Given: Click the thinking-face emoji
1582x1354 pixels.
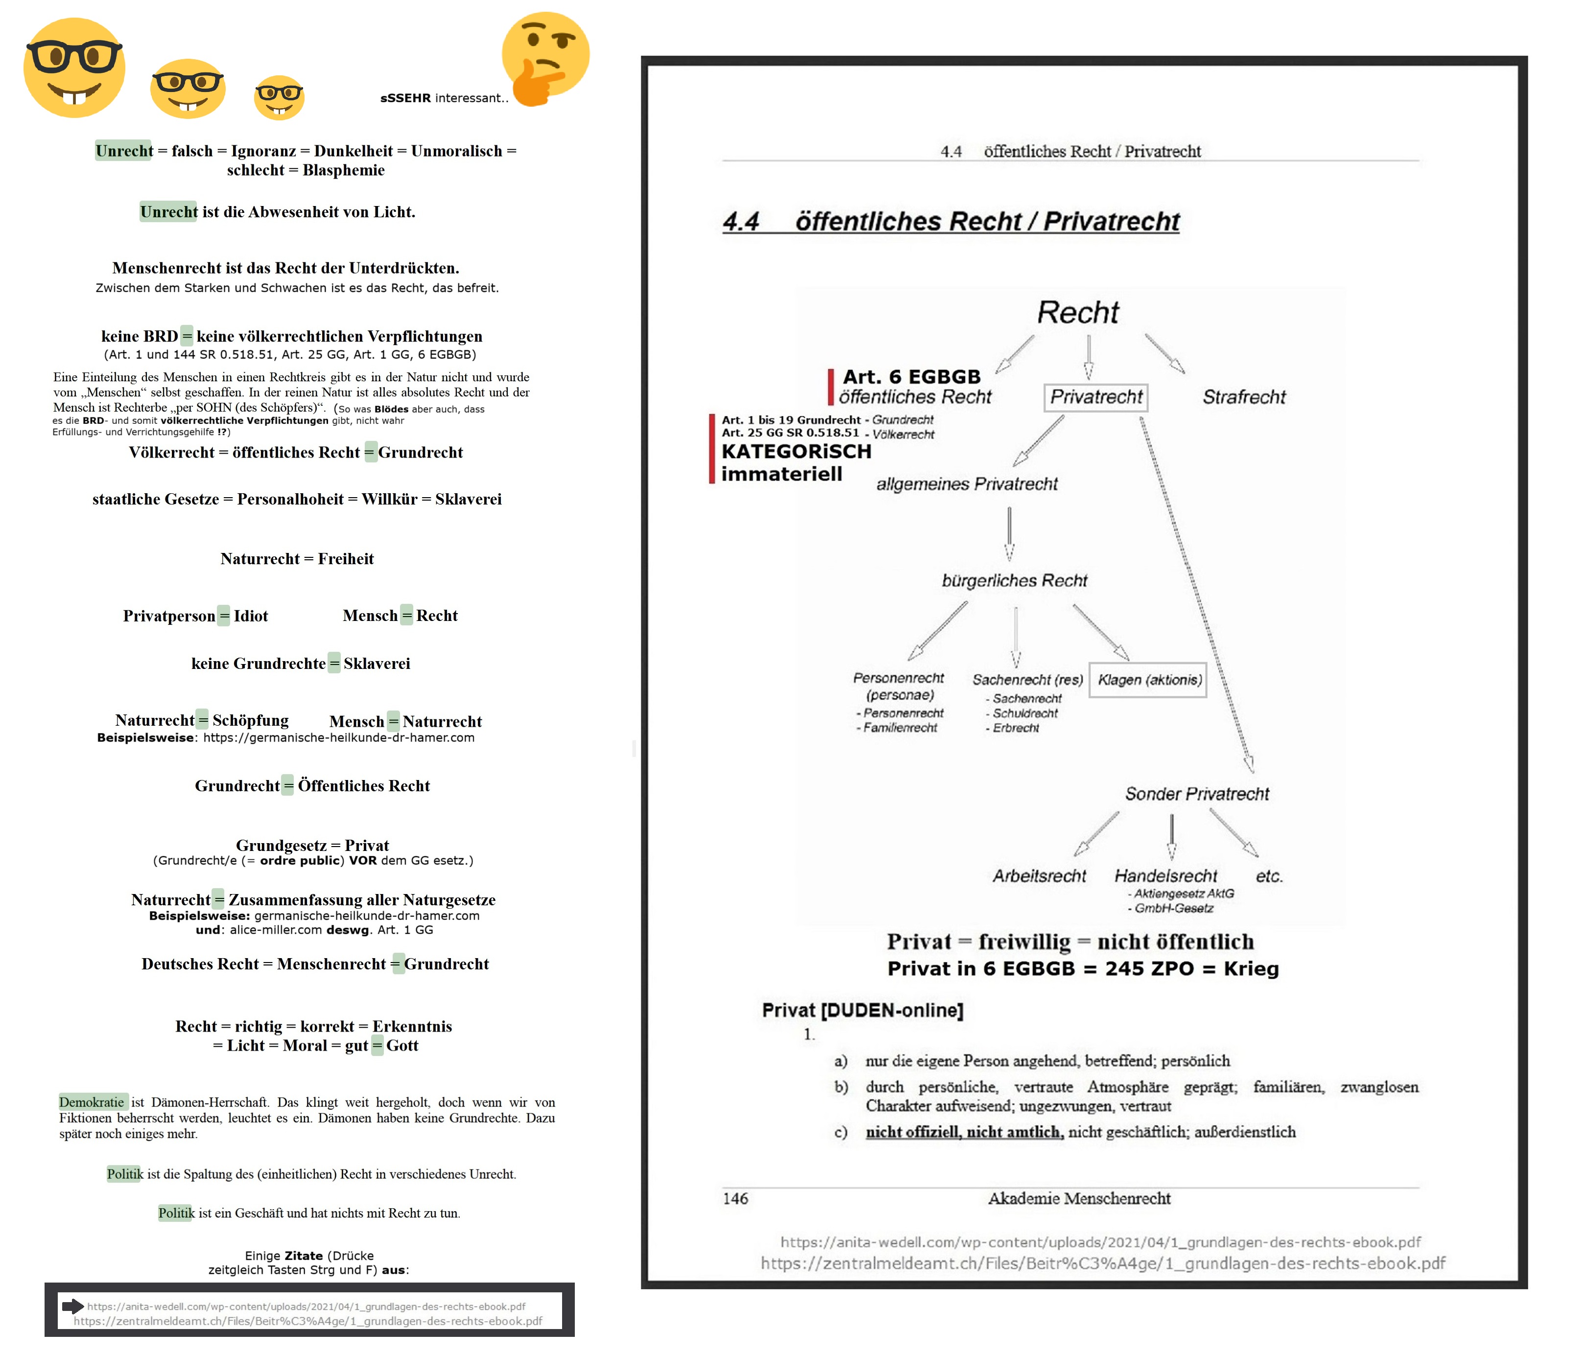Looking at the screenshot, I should [x=545, y=58].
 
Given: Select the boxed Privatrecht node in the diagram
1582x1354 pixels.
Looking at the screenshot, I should [x=1096, y=397].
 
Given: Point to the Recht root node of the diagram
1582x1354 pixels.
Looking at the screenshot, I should [x=1077, y=312].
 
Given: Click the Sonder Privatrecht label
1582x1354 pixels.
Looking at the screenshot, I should [x=1197, y=794].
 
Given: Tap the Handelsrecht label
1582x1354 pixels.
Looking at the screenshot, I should [x=1165, y=875].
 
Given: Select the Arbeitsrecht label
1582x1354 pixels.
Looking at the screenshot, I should [x=1039, y=875].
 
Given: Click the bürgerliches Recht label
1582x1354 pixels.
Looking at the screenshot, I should [x=1014, y=580].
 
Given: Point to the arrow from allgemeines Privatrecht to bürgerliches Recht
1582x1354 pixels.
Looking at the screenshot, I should [x=1009, y=533].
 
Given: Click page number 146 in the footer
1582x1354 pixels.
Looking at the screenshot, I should [x=735, y=1198].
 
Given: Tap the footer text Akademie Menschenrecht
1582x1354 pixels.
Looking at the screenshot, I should [x=1079, y=1198].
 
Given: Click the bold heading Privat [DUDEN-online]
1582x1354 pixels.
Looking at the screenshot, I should [x=862, y=1010].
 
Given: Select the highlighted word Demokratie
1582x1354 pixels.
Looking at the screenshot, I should [x=92, y=1102].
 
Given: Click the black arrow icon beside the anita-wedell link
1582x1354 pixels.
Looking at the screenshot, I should [x=72, y=1306].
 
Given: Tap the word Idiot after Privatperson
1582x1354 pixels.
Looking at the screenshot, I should [x=250, y=616].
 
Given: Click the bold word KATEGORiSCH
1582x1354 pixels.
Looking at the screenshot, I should [x=796, y=451].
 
